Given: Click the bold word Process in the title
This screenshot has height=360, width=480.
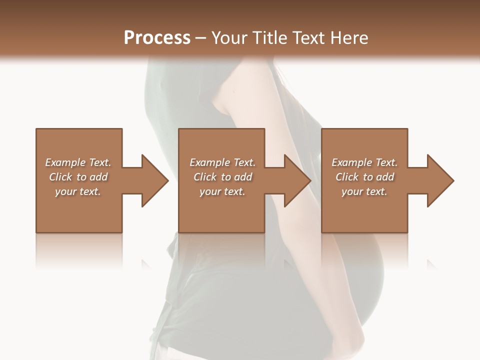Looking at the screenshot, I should [157, 37].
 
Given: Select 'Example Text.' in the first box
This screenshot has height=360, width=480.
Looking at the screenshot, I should [78, 162].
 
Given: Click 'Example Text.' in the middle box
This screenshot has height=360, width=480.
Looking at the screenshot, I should [222, 162].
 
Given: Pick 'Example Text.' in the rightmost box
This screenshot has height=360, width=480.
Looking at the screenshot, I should [364, 162].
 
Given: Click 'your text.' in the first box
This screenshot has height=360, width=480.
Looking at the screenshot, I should [78, 191].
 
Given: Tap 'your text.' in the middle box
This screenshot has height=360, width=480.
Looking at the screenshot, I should [222, 191].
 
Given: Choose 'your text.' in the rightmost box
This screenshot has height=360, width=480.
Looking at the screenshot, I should [364, 191].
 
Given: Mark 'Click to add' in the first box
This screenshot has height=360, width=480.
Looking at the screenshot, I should [78, 177].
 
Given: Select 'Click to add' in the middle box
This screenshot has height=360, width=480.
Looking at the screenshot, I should [222, 177].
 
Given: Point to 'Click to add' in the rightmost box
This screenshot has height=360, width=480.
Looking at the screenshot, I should [364, 177].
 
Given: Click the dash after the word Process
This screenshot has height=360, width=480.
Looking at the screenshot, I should [201, 38].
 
